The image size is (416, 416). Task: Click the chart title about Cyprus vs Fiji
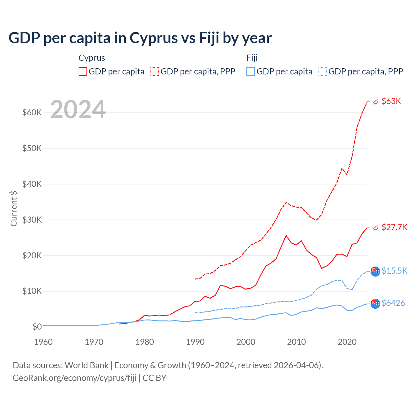tap(140, 38)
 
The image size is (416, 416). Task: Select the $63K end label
tap(391, 101)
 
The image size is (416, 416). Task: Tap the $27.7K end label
tap(394, 227)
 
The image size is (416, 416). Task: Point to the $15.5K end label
tap(394, 271)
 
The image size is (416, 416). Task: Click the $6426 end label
tap(393, 303)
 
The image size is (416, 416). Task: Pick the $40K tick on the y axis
tap(32, 184)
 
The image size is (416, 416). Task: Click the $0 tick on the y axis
tap(37, 327)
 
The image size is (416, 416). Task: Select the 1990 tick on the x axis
tap(195, 342)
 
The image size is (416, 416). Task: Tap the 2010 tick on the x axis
tap(296, 342)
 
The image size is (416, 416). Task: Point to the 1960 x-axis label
tap(43, 342)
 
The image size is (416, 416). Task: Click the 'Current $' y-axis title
tap(14, 208)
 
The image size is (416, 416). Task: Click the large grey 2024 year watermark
tap(78, 110)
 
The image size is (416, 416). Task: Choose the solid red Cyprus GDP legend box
tap(83, 71)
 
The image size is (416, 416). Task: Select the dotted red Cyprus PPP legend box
tap(155, 71)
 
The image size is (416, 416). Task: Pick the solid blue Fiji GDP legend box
tap(251, 71)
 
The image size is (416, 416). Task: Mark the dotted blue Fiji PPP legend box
tap(323, 71)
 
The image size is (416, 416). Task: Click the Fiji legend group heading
tap(252, 58)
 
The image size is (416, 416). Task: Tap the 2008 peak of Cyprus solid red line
tap(286, 236)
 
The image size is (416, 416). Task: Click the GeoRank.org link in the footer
tap(74, 378)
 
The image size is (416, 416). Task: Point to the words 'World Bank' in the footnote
tap(86, 365)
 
